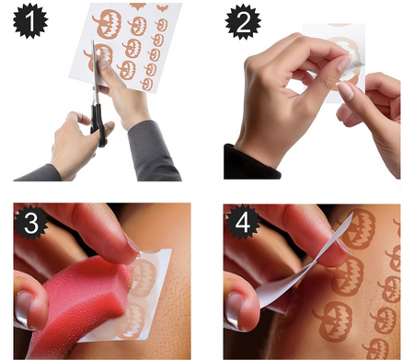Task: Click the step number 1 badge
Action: click(30, 21)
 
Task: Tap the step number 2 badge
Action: click(243, 22)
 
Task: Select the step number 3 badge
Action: click(31, 222)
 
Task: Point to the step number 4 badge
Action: click(242, 222)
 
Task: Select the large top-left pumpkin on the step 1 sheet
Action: click(108, 24)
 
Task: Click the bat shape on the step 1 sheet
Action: click(162, 7)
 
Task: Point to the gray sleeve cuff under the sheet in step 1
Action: click(152, 150)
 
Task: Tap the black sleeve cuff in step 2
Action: click(250, 163)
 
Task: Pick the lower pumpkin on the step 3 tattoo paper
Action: click(132, 320)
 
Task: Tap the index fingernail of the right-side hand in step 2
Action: click(346, 91)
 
